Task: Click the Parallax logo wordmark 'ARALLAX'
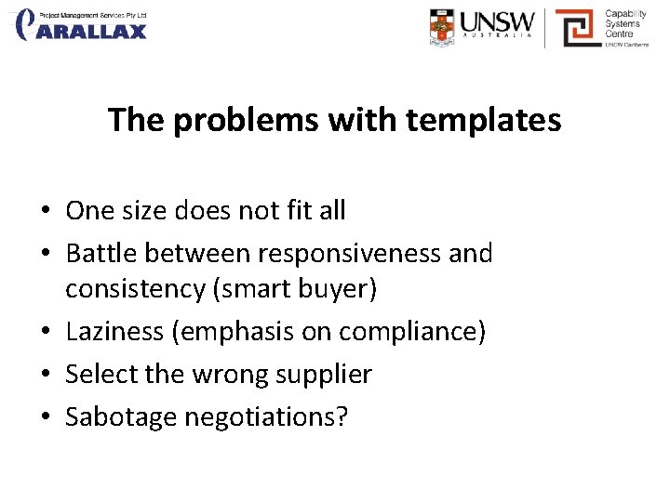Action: pos(93,32)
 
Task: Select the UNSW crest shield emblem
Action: pos(443,28)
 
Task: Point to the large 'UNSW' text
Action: pos(499,22)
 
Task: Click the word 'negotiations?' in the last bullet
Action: pos(266,417)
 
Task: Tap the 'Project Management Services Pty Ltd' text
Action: pos(92,15)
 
